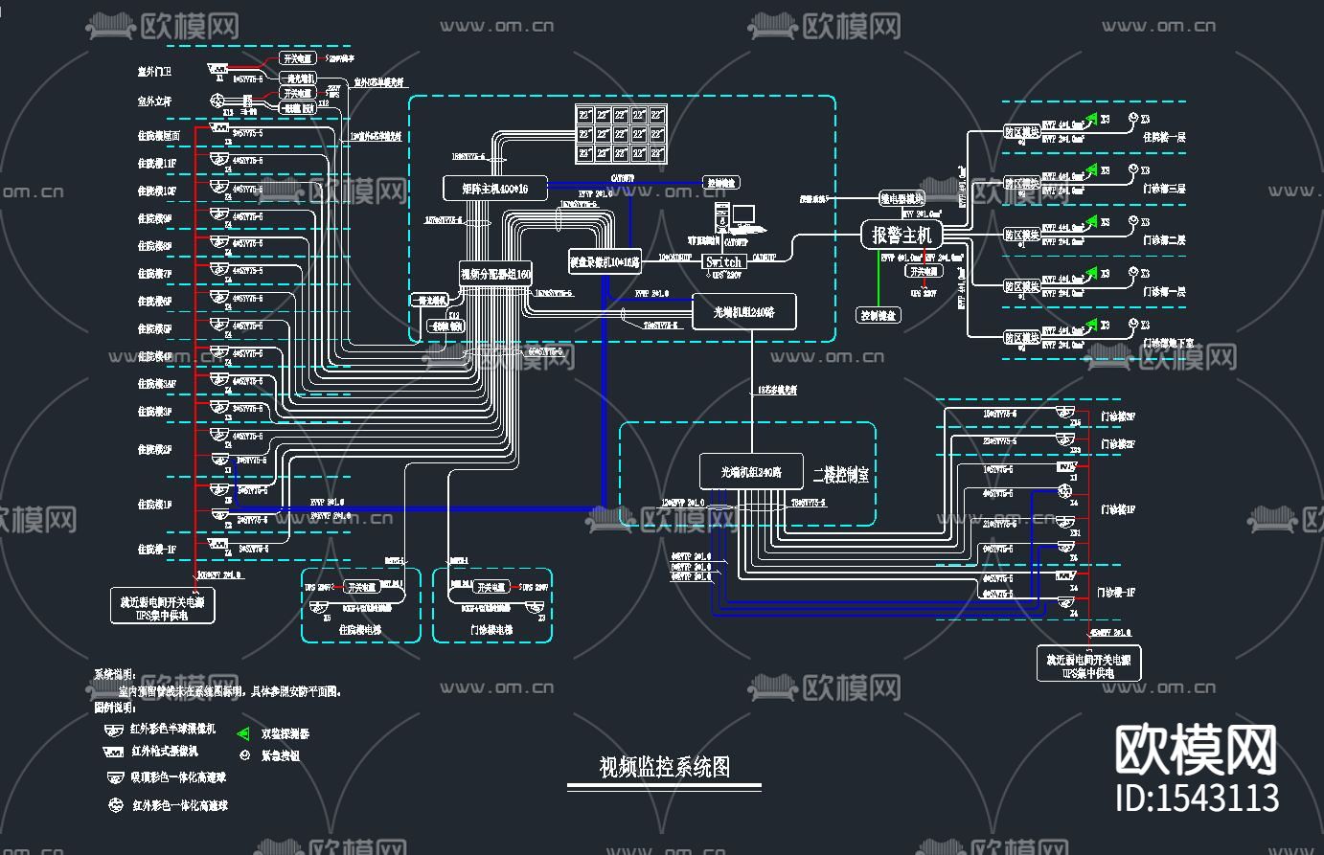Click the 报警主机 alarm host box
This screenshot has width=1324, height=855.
(902, 234)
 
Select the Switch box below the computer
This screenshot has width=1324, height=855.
(723, 261)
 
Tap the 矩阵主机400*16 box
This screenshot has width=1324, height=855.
(496, 187)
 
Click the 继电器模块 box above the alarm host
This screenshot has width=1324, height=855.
(902, 198)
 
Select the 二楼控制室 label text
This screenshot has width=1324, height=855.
(840, 474)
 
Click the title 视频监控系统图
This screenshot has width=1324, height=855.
(664, 766)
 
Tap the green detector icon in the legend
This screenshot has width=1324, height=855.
(242, 733)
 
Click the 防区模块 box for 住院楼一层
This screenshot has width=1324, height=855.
(1021, 131)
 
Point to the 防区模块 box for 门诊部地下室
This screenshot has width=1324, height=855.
(1021, 338)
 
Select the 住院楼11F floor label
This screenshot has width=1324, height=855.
(156, 164)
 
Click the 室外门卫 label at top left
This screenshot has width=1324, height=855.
(154, 72)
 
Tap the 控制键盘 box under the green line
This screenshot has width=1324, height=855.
(878, 315)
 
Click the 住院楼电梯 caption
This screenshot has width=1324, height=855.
(360, 630)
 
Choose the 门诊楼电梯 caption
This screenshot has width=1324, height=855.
(491, 630)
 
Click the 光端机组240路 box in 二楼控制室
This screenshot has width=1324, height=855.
(751, 472)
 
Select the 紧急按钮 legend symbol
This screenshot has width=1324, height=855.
(243, 754)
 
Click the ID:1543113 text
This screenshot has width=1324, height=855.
(1198, 797)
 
